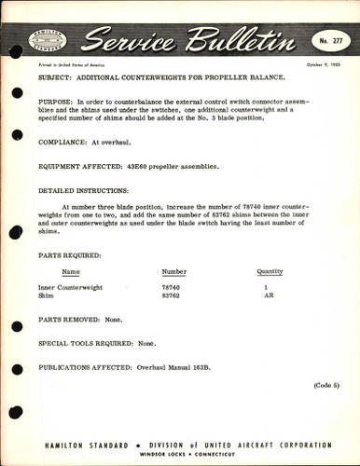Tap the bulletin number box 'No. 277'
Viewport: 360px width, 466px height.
click(322, 41)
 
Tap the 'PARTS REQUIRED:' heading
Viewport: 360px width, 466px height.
click(70, 254)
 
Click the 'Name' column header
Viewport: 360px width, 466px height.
click(71, 272)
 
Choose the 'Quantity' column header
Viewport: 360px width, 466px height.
click(270, 272)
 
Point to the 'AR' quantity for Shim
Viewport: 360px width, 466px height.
click(268, 296)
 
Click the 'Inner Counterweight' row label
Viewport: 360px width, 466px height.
click(70, 288)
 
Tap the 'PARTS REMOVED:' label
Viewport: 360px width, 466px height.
click(69, 320)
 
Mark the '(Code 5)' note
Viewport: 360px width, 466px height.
click(327, 385)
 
